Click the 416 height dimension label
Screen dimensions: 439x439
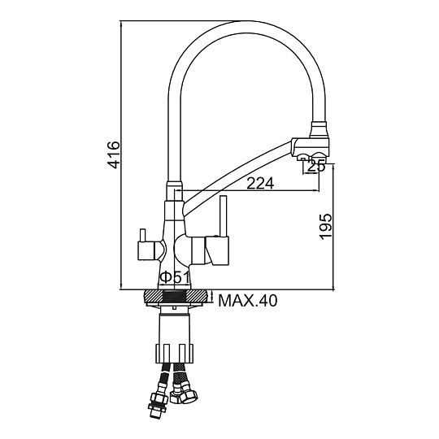[x=114, y=154]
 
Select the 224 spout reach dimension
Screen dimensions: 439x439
[x=261, y=184]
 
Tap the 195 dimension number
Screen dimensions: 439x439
[x=326, y=227]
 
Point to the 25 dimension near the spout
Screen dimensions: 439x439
[x=316, y=166]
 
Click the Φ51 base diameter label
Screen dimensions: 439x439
[x=175, y=277]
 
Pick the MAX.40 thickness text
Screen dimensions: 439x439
[x=248, y=301]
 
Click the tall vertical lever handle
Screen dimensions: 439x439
[x=224, y=216]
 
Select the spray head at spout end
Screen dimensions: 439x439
[x=311, y=149]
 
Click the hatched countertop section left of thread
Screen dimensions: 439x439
[x=154, y=296]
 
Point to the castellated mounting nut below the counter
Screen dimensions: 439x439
[x=174, y=354]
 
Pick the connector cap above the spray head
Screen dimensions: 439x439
[x=319, y=129]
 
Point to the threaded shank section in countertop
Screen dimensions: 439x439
[x=174, y=296]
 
